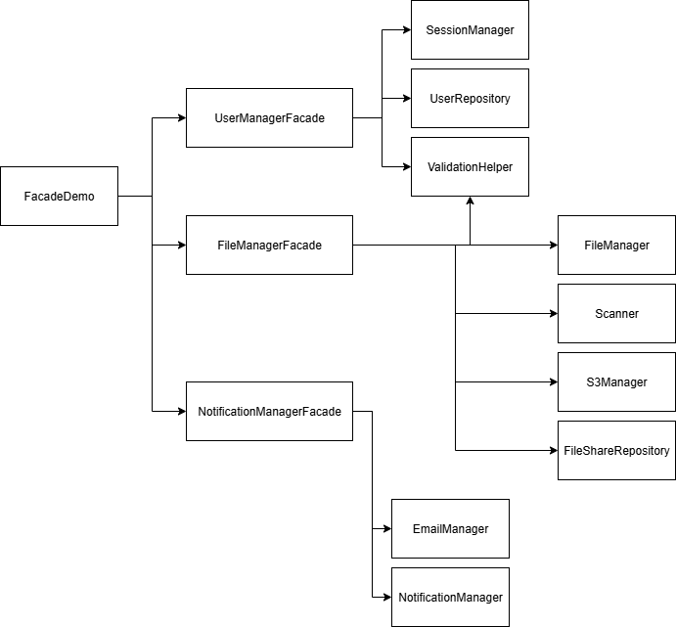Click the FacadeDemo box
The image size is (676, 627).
click(60, 196)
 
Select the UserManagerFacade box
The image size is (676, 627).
click(269, 117)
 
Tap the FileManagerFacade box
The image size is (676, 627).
click(269, 245)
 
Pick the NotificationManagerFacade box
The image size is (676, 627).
click(269, 411)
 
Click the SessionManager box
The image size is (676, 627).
click(470, 29)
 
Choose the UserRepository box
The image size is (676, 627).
click(470, 98)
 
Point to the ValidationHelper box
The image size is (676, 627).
click(470, 166)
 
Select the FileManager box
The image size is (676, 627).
click(616, 245)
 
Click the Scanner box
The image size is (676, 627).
click(616, 313)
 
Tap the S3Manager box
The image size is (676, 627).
click(616, 381)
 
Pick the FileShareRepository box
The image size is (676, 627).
click(616, 450)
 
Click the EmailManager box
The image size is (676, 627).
click(450, 528)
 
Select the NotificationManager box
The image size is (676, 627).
click(450, 597)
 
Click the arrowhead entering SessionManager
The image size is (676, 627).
click(405, 29)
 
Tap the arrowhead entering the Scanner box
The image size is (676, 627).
click(552, 313)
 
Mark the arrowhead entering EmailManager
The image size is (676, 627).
click(385, 528)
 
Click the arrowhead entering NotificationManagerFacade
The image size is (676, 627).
click(180, 411)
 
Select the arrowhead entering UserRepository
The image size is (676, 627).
click(405, 98)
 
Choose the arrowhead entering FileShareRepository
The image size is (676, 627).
click(552, 450)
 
